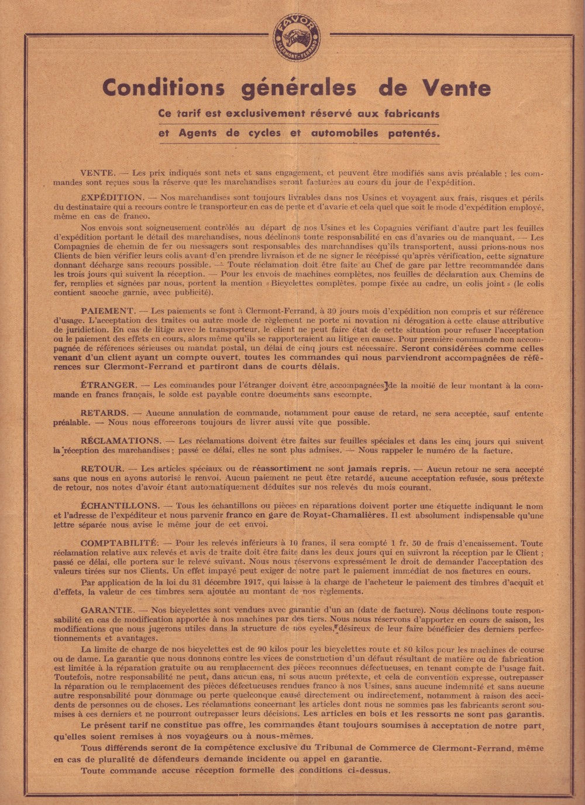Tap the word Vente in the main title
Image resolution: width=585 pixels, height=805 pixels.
tap(457, 88)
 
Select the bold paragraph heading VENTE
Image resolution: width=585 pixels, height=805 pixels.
tap(98, 173)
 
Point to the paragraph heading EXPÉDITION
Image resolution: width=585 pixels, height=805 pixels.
tap(112, 198)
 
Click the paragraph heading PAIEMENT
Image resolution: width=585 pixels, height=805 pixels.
tap(108, 311)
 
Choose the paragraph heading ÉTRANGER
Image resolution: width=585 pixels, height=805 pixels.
tap(109, 386)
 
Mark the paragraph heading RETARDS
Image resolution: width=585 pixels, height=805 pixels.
tap(104, 413)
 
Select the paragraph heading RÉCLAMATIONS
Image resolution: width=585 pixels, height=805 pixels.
tap(121, 440)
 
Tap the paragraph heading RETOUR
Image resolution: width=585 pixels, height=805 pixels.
tap(102, 468)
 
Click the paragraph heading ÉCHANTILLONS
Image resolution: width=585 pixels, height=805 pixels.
tap(120, 505)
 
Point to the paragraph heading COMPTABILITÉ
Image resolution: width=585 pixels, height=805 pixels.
tap(119, 543)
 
